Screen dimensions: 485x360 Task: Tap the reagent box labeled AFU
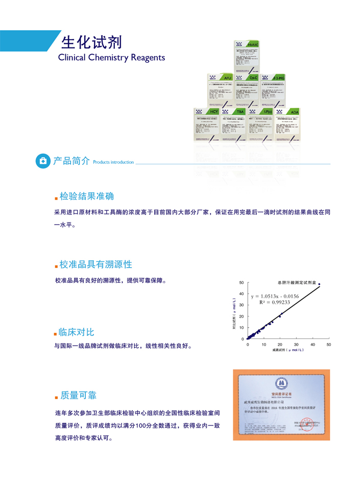221,90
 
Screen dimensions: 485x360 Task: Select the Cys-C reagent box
247,90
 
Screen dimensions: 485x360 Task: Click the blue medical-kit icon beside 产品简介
42,161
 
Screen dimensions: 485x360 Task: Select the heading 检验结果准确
87,197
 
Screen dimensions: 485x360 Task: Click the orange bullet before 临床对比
55,333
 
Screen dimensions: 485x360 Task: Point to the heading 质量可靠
78,395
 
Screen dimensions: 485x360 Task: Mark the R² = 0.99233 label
274,302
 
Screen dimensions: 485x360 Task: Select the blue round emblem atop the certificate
282,382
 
